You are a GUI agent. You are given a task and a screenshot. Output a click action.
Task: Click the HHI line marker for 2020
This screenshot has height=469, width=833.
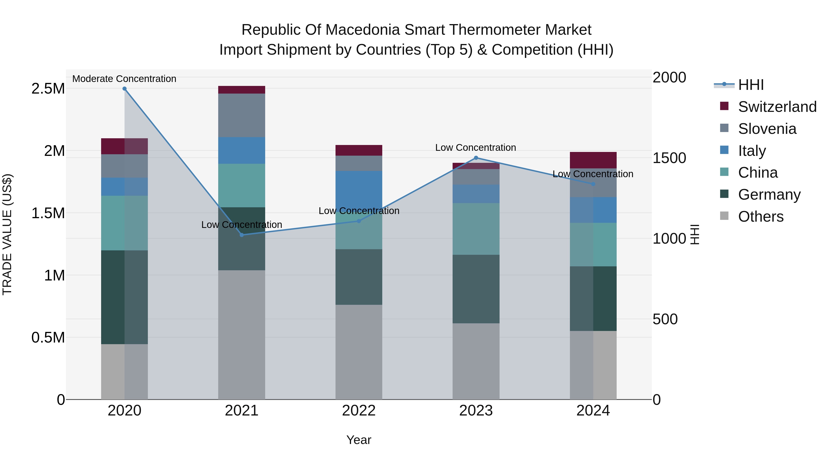(124, 89)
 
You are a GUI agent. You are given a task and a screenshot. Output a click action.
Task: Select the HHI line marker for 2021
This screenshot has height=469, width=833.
(242, 235)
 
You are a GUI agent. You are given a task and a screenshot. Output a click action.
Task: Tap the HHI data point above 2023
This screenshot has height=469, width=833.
(476, 158)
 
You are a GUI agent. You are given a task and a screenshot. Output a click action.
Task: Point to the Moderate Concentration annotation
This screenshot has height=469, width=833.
(124, 79)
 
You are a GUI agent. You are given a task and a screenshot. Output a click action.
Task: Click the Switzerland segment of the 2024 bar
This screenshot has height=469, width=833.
(593, 160)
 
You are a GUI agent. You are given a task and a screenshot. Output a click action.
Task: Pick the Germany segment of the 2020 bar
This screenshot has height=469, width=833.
(124, 297)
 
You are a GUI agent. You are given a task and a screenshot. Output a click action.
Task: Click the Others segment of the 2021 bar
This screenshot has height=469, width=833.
(242, 335)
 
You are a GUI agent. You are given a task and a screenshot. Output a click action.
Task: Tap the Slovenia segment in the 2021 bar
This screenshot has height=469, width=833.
(242, 115)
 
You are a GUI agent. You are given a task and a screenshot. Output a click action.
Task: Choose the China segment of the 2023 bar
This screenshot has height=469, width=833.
(476, 229)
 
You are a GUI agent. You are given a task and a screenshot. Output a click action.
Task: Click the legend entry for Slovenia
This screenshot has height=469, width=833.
(767, 129)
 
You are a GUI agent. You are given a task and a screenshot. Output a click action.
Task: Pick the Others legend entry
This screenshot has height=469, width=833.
(760, 217)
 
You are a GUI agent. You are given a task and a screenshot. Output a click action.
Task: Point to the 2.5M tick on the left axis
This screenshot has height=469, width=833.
(48, 89)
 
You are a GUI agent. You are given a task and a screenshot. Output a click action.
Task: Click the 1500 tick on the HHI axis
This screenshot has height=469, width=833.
(669, 158)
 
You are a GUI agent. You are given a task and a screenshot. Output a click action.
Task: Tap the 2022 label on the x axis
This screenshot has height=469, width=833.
(359, 411)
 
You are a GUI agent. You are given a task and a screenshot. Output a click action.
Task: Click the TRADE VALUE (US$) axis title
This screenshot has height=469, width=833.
(7, 234)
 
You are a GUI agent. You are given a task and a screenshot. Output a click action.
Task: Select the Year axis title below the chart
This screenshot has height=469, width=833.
(359, 440)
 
